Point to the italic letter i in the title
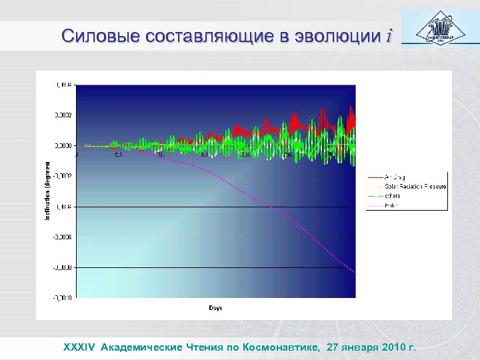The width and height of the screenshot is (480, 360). pyautogui.click(x=389, y=35)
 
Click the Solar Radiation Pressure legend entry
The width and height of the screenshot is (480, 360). pyautogui.click(x=407, y=187)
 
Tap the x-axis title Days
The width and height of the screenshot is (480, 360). pyautogui.click(x=215, y=308)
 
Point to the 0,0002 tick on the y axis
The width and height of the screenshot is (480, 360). pyautogui.click(x=64, y=115)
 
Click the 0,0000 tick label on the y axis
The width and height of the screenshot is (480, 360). pyautogui.click(x=64, y=145)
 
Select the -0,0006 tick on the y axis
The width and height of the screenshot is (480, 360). pyautogui.click(x=64, y=237)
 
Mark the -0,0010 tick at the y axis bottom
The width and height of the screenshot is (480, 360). pyautogui.click(x=64, y=297)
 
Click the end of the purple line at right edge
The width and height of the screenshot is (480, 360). pyautogui.click(x=355, y=273)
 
